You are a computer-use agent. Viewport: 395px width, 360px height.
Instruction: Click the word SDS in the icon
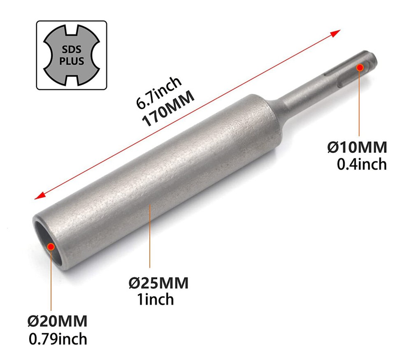pyautogui.click(x=72, y=49)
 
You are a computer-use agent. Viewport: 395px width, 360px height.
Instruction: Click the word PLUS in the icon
pyautogui.click(x=72, y=61)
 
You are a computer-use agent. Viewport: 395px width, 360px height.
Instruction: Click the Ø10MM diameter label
pyautogui.click(x=357, y=147)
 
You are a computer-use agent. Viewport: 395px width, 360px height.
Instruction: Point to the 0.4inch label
pyautogui.click(x=362, y=164)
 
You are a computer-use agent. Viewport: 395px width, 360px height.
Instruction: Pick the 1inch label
pyautogui.click(x=155, y=299)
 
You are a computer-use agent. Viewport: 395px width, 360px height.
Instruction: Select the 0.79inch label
pyautogui.click(x=58, y=339)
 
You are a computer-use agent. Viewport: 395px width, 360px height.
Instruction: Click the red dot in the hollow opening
pyautogui.click(x=51, y=246)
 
